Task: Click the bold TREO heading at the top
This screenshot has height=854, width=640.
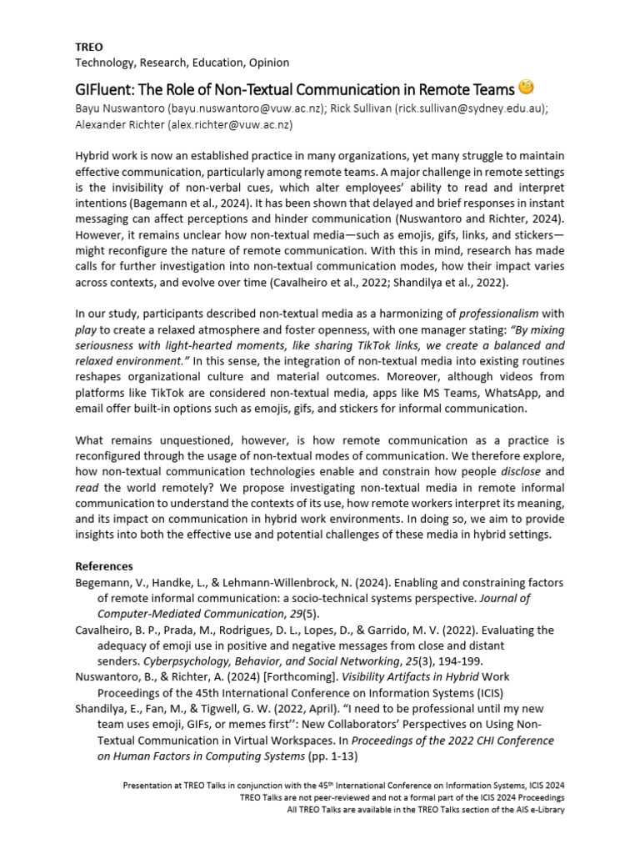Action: tap(89, 48)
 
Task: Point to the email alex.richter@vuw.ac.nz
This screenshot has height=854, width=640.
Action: tap(230, 124)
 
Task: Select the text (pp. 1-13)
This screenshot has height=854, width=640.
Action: tap(337, 756)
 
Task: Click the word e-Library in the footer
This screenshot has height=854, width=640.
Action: tap(542, 810)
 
